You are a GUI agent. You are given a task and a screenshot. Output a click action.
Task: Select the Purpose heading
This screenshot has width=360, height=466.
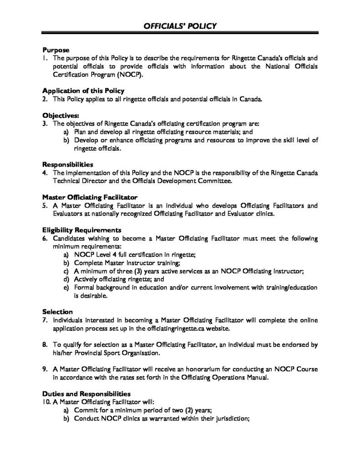(56, 50)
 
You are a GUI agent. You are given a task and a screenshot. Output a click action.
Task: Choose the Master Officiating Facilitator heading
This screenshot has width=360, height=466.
(90, 197)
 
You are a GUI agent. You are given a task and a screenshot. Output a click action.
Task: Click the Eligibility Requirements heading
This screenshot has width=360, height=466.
(82, 229)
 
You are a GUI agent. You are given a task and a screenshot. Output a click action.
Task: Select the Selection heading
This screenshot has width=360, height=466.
(58, 312)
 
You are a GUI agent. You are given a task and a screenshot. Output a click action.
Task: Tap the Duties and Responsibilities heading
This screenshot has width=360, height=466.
(86, 393)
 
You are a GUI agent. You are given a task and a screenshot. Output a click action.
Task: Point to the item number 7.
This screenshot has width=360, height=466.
(45, 319)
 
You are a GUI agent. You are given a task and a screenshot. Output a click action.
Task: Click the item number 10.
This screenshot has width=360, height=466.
(46, 401)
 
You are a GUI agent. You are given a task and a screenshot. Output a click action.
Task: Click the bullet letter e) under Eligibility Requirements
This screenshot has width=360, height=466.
(66, 287)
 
